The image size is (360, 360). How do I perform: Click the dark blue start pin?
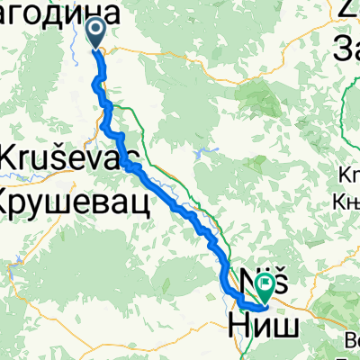[95, 34]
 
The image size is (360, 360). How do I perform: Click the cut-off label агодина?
[59, 13]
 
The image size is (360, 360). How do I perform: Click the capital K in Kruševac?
[13, 156]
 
